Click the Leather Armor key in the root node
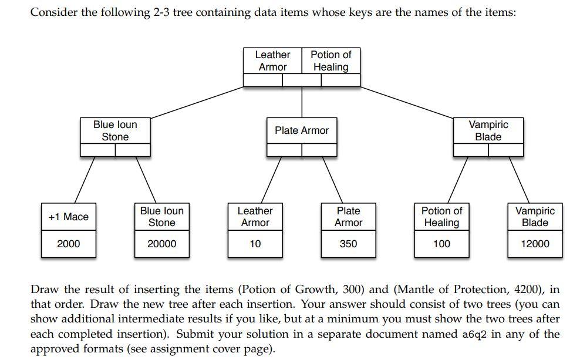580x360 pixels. pos(272,60)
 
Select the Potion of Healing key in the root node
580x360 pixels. pos(331,60)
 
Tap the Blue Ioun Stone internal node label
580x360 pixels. pos(115,130)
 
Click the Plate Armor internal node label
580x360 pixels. pos(302,130)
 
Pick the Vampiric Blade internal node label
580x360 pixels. pos(488,130)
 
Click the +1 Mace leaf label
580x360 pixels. pos(69,217)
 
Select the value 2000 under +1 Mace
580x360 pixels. pos(69,244)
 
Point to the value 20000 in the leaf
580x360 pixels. pos(161,244)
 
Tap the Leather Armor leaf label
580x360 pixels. pos(255,217)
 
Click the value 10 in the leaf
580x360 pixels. pos(255,244)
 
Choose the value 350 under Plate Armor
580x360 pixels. pos(348,244)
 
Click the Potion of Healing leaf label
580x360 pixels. pos(441,217)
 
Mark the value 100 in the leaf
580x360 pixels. pos(441,244)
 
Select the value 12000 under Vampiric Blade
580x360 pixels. pos(535,244)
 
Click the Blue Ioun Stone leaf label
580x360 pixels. pos(161,217)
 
